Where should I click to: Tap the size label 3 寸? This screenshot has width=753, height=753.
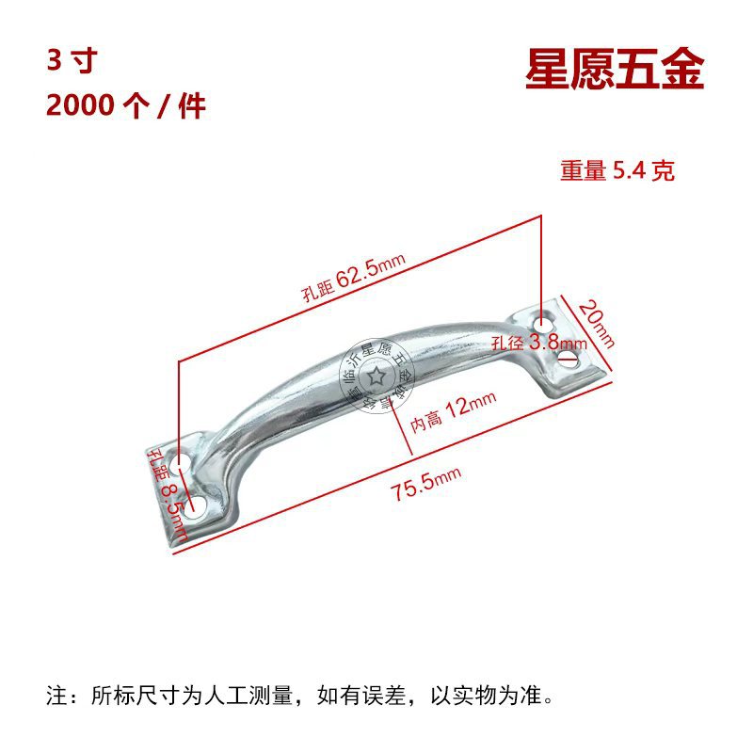coord(72,61)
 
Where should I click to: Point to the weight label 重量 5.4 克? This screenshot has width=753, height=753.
coord(617,171)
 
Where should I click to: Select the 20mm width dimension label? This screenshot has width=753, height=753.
coord(597,323)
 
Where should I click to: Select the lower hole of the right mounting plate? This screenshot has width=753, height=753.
coord(568,359)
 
